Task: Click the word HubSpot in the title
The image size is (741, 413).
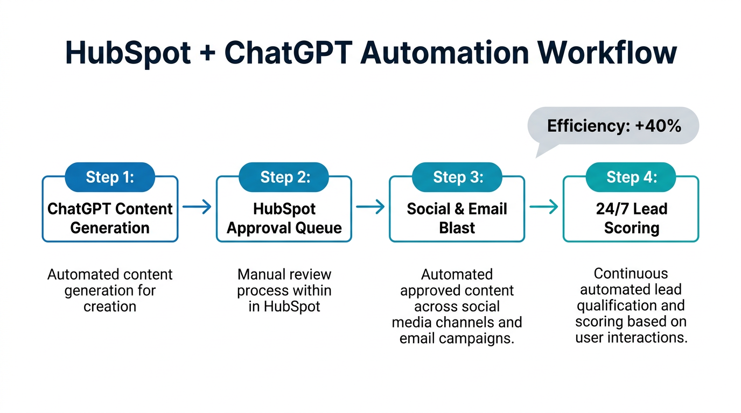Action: point(128,53)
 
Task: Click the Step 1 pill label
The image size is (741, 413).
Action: point(110,177)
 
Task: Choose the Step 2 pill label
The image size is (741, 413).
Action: point(284,177)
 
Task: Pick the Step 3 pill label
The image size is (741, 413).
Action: point(457,177)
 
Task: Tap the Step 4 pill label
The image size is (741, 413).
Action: point(631,177)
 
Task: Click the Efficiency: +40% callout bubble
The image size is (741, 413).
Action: point(614,126)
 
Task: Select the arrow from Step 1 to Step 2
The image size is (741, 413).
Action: point(197,206)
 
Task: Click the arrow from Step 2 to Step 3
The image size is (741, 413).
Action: point(370,206)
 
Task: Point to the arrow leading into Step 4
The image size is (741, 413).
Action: point(544,206)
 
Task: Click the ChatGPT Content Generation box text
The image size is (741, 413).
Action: point(110,218)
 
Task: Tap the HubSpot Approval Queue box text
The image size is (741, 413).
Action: point(284,218)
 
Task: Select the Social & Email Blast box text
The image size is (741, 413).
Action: point(457,218)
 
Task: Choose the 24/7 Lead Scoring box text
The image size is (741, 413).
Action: point(631,218)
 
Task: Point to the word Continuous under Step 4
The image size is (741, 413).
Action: point(631,273)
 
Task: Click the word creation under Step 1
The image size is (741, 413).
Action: point(110,307)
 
